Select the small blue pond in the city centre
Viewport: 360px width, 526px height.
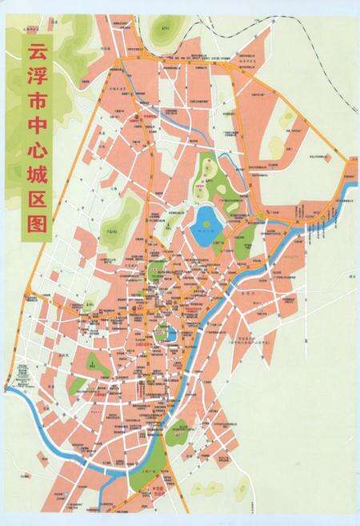(x=170, y=332)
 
